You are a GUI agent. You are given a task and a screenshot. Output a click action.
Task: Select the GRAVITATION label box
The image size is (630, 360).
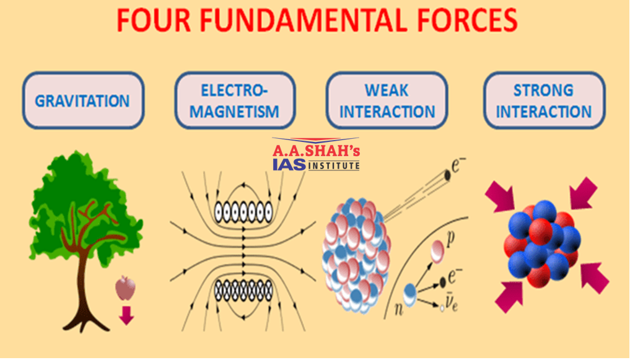pyautogui.click(x=83, y=100)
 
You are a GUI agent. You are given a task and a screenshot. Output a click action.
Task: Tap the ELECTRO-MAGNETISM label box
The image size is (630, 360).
pyautogui.click(x=235, y=100)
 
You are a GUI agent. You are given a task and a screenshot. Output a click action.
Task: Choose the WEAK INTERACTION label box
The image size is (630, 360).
pyautogui.click(x=387, y=100)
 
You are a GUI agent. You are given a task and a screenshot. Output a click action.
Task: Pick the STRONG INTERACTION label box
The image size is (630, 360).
pyautogui.click(x=544, y=100)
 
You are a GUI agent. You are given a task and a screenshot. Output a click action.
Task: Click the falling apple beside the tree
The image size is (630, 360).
pyautogui.click(x=125, y=288)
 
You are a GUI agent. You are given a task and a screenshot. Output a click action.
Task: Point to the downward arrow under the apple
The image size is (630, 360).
pyautogui.click(x=126, y=315)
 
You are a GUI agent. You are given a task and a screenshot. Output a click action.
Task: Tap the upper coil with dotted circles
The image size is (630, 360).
pyautogui.click(x=243, y=211)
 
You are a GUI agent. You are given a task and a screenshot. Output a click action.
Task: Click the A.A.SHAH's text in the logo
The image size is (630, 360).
pyautogui.click(x=316, y=151)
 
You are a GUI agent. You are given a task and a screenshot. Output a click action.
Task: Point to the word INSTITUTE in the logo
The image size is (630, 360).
pyautogui.click(x=333, y=165)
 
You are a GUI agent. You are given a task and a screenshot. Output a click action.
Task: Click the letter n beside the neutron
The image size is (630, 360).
pyautogui.click(x=398, y=309)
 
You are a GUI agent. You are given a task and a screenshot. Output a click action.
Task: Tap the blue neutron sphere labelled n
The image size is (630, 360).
pyautogui.click(x=409, y=295)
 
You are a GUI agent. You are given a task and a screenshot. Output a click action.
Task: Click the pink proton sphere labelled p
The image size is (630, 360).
pyautogui.click(x=437, y=251)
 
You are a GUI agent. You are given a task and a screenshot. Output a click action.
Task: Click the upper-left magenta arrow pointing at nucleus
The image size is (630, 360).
pyautogui.click(x=501, y=196)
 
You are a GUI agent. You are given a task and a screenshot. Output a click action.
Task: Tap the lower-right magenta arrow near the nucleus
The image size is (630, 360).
pyautogui.click(x=595, y=278)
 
